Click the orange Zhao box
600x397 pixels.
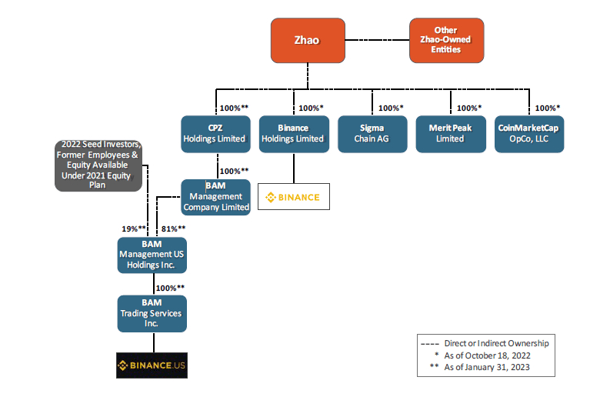point(308,39)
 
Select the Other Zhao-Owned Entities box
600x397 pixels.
point(446,39)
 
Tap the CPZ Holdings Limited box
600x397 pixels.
point(215,133)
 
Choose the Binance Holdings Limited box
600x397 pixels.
point(293,133)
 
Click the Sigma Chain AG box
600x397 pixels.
point(372,133)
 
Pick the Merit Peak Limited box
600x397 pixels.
point(450,133)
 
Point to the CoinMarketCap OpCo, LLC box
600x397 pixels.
point(529,133)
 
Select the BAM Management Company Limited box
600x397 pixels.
point(215,197)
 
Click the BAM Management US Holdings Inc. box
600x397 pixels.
point(152,255)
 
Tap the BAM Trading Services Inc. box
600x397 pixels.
point(152,314)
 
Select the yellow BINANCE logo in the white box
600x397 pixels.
point(292,197)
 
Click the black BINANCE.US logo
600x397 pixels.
point(152,365)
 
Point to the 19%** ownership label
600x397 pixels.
point(134,229)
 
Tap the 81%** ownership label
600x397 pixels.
point(173,229)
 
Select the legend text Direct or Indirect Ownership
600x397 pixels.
point(496,343)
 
